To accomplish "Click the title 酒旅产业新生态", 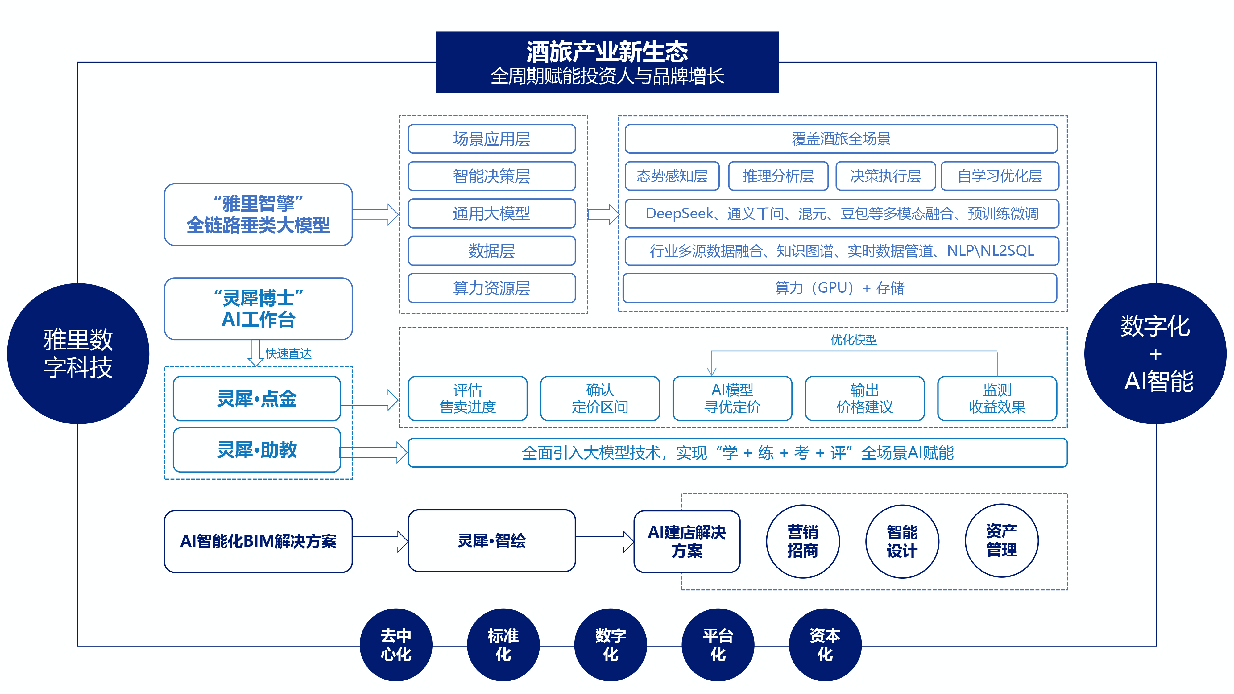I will pos(607,52).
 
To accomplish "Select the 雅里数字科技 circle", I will pos(78,353).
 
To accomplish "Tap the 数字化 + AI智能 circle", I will pos(1155,353).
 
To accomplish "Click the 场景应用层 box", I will pos(491,139).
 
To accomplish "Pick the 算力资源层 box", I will pos(491,288).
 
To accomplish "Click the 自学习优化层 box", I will pos(1000,176).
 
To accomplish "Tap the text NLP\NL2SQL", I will pos(990,250).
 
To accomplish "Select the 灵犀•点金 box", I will pos(257,399).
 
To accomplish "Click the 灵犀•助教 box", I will pos(257,450).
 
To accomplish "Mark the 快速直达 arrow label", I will pos(288,353).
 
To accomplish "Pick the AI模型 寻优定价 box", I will pos(732,399).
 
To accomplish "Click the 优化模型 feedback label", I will pos(854,340).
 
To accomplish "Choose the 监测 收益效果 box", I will pos(997,399).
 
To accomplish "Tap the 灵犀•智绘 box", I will pos(491,541).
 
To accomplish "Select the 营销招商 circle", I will pos(802,541).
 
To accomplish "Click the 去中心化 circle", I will pos(396,645).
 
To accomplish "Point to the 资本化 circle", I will pos(825,645).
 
